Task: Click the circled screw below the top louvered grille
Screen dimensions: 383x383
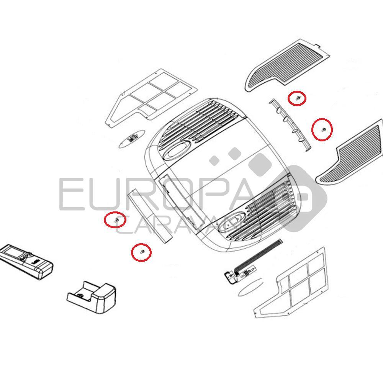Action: point(297,98)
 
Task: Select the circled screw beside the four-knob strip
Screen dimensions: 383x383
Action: point(324,129)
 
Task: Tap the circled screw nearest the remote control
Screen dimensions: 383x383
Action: point(116,220)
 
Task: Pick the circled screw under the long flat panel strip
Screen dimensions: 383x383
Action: point(142,252)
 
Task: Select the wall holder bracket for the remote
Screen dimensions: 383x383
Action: point(92,297)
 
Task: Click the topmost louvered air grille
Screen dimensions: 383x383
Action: point(288,65)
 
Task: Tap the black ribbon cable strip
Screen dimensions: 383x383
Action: point(257,256)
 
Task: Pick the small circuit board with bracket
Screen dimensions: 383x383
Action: point(241,274)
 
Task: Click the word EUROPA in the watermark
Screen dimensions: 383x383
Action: point(156,194)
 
